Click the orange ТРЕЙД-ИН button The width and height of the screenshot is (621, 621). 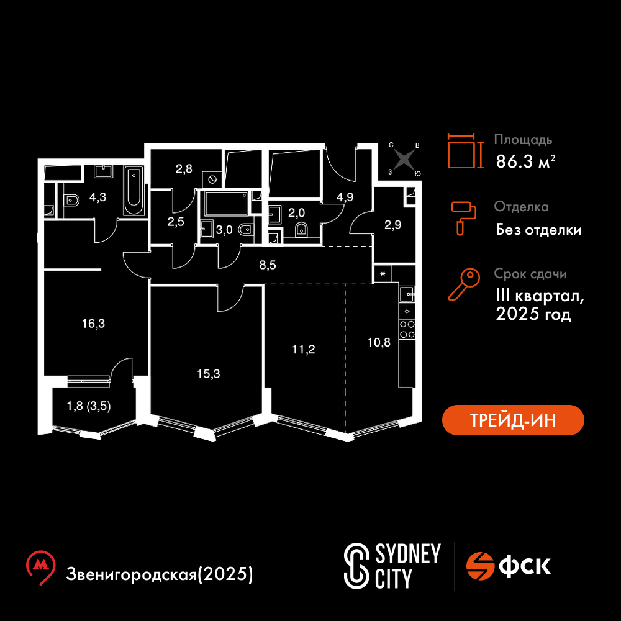click(513, 420)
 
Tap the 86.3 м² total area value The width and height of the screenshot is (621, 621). click(525, 161)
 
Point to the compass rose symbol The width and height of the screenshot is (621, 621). click(404, 159)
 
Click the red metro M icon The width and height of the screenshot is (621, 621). click(40, 567)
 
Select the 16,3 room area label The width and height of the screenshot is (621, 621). click(94, 324)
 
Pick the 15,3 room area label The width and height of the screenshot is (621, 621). click(209, 373)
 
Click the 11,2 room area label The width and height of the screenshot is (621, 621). click(304, 349)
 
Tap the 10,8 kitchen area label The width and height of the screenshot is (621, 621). click(379, 342)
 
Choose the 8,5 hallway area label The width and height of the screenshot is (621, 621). click(268, 265)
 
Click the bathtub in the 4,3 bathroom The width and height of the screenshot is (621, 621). click(134, 191)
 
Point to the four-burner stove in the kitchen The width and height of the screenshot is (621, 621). click(407, 330)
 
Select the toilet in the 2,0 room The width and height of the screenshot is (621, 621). click(301, 229)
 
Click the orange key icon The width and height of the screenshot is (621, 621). click(463, 284)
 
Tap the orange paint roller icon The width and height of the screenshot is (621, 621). click(463, 218)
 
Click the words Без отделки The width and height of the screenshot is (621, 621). click(538, 230)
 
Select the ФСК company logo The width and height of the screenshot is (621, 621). click(508, 566)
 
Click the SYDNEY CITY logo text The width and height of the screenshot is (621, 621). click(392, 566)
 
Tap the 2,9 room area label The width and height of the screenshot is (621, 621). click(393, 225)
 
